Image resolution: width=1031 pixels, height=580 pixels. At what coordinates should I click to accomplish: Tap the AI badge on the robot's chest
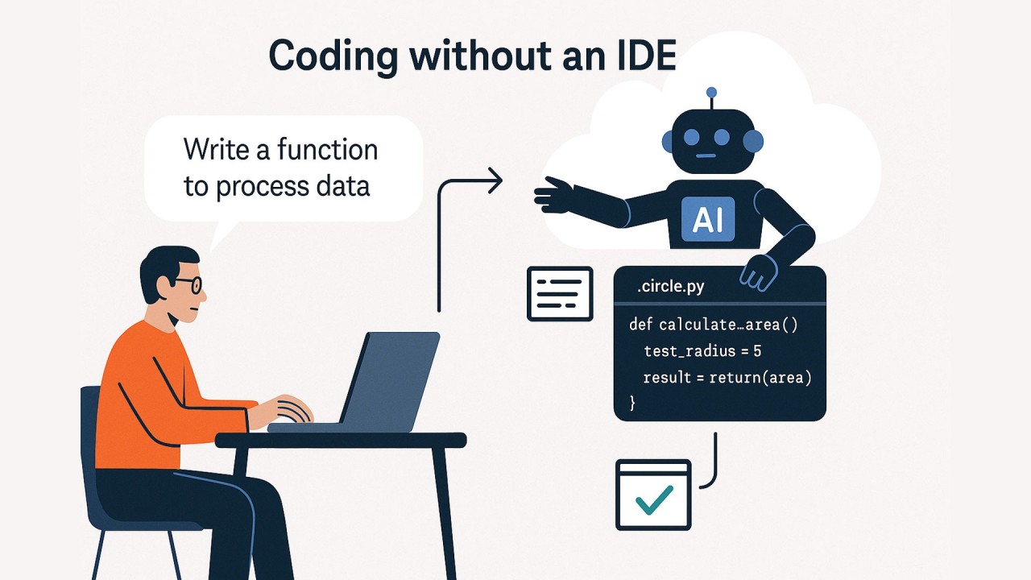pos(708,218)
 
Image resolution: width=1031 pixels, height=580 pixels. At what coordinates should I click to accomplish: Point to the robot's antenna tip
pos(711,93)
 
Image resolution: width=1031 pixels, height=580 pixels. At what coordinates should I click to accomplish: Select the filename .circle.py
pos(670,287)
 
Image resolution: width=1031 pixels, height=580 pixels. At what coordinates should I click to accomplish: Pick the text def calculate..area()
pos(712,325)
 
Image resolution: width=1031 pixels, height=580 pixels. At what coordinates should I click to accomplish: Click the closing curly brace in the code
pos(633,401)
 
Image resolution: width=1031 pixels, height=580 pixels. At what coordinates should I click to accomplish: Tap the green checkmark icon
pos(654,499)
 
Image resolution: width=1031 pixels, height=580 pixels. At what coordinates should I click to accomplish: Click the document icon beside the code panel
pos(560,293)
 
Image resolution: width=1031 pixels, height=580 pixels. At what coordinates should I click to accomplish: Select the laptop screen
pos(390,379)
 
